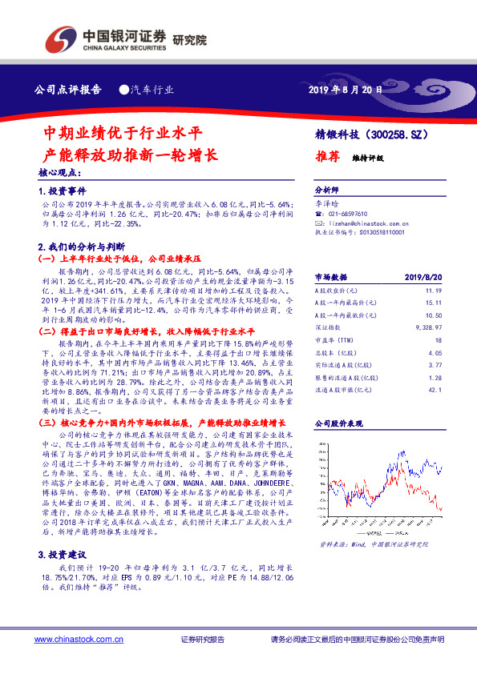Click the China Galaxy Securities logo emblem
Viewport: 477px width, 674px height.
pos(60,37)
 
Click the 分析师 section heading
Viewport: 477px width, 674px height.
pos(329,191)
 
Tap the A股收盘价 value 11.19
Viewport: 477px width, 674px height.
pos(434,291)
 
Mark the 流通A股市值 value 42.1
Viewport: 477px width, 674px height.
pos(435,390)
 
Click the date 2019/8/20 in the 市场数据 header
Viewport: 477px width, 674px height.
pos(425,276)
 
